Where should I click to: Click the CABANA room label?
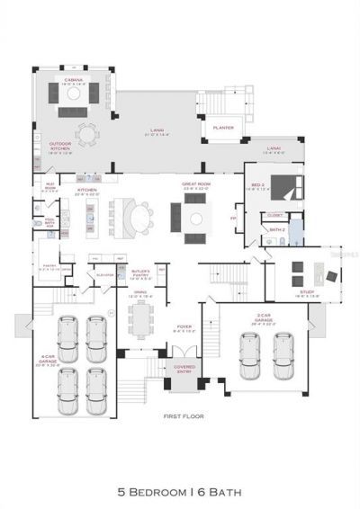(x=74, y=82)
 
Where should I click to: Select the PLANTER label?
(x=223, y=128)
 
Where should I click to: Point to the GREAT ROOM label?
(x=195, y=186)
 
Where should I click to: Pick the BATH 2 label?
(x=275, y=230)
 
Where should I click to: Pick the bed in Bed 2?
(x=285, y=187)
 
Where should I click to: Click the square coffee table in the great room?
(x=195, y=218)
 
